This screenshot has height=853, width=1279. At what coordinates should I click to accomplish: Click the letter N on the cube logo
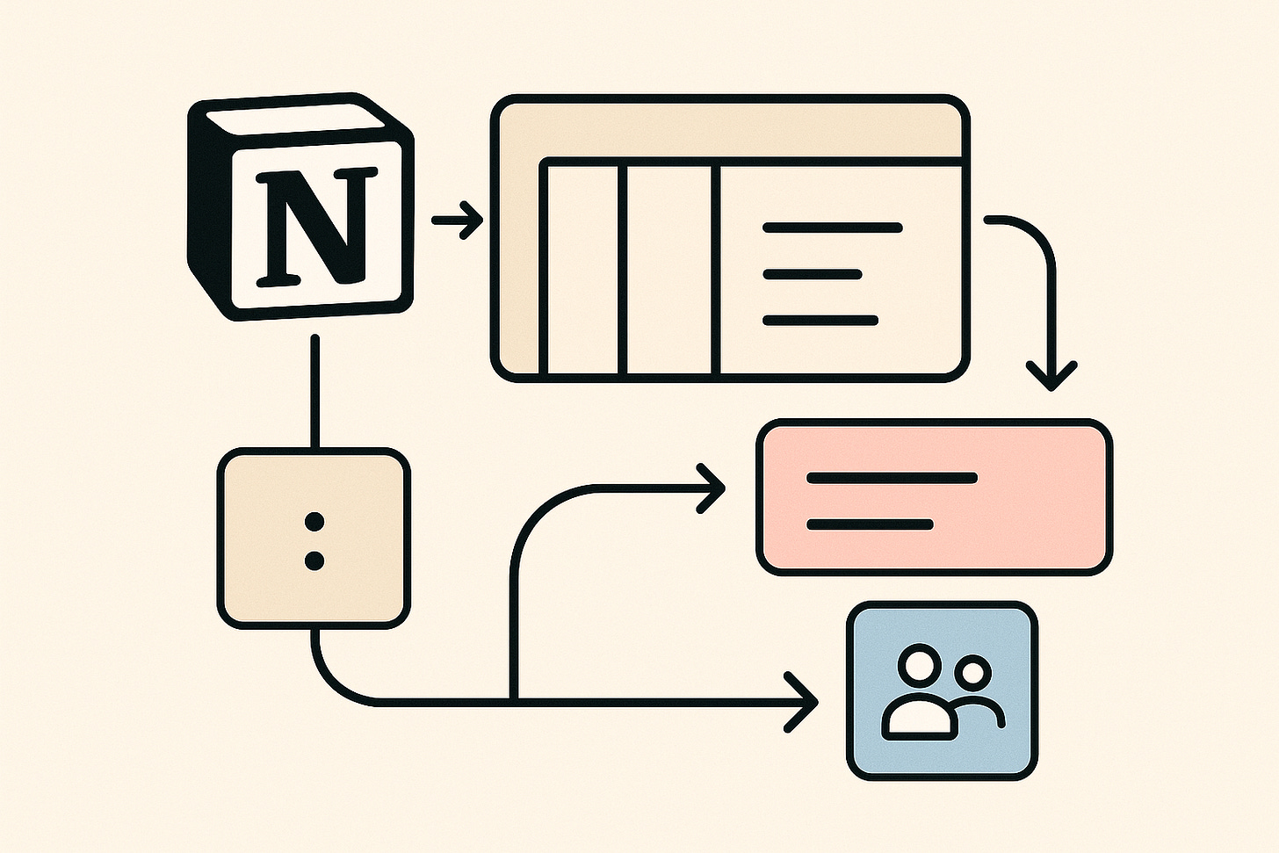(312, 227)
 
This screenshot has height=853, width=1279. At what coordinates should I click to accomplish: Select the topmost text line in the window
(832, 228)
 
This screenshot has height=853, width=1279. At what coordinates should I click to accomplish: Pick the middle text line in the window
(812, 274)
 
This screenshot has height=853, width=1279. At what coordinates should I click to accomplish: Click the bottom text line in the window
(820, 320)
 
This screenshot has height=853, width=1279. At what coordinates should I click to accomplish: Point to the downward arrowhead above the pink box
(1051, 375)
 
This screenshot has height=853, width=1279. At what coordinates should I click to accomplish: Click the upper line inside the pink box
(892, 478)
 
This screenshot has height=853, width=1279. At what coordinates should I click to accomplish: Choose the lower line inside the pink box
(870, 524)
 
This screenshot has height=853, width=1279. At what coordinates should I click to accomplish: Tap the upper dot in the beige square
(314, 523)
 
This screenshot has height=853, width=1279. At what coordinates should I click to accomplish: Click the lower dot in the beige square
(314, 560)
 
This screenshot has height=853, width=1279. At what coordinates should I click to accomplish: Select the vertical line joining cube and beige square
(314, 391)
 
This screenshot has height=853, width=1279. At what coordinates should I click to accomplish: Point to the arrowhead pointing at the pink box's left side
(712, 486)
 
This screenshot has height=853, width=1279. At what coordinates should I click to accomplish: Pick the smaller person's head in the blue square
(973, 674)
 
